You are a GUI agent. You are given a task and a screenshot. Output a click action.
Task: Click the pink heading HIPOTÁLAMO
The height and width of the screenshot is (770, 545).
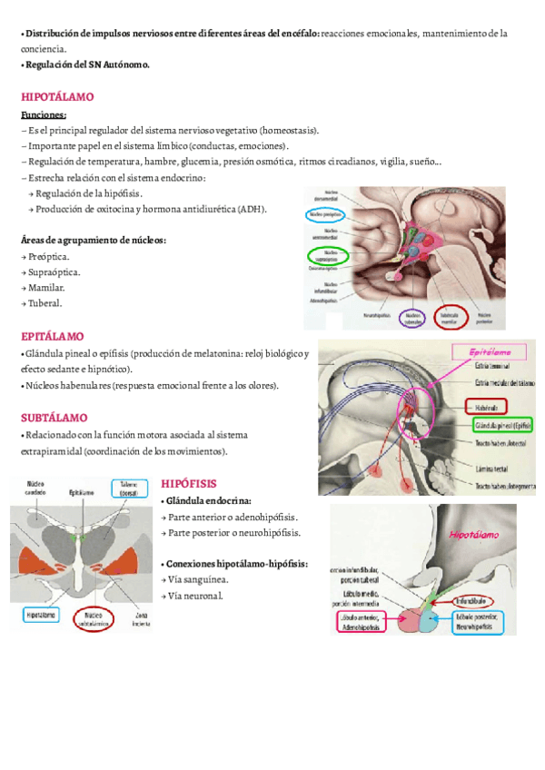tap(56, 96)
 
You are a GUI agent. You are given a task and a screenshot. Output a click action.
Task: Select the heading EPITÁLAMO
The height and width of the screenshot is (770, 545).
tap(52, 336)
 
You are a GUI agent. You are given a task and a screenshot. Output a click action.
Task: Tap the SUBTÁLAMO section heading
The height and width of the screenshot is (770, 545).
tap(54, 418)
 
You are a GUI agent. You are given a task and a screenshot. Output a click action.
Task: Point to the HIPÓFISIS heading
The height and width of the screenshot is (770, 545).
tap(189, 483)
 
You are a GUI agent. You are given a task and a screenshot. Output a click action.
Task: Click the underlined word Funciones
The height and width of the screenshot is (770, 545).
tap(44, 115)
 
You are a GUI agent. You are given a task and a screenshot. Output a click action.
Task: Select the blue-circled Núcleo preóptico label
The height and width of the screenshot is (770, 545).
tap(324, 214)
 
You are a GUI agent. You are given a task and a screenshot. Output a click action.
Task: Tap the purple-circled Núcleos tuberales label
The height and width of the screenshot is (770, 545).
tap(413, 318)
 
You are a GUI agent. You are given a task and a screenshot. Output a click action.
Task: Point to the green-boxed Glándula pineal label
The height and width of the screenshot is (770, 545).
tap(502, 424)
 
